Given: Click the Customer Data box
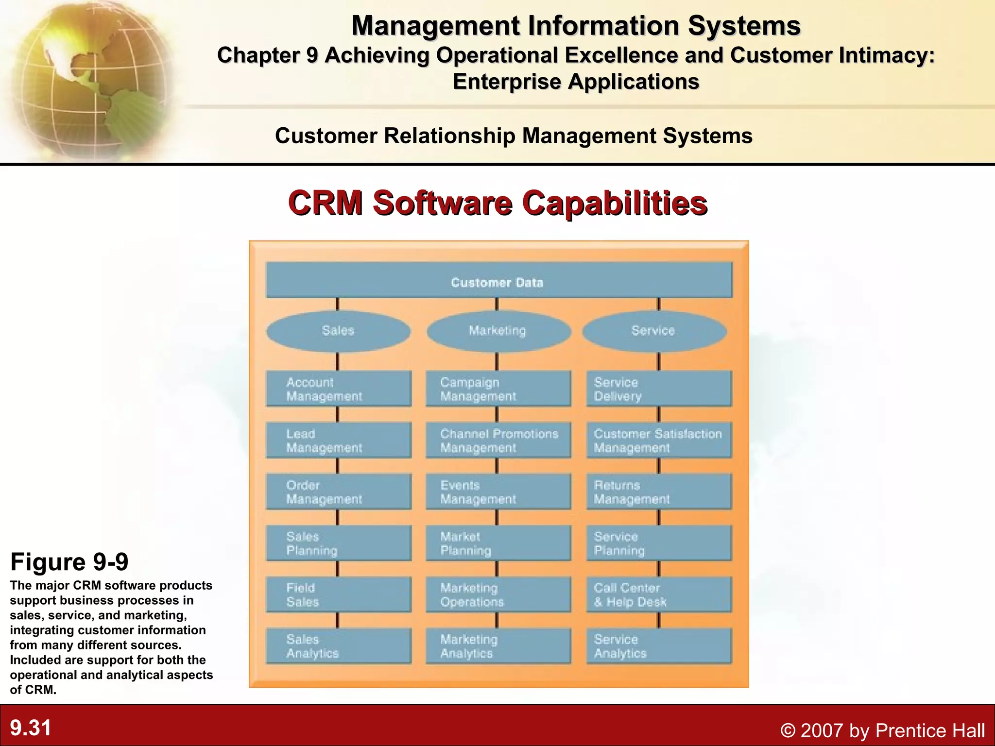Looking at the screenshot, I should [x=498, y=280].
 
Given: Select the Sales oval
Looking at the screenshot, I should [x=338, y=331].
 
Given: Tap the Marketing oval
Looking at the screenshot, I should [x=498, y=331].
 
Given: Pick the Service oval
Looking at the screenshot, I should [x=654, y=331].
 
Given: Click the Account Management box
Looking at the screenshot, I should [x=338, y=389].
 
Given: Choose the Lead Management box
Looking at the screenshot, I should [x=338, y=441].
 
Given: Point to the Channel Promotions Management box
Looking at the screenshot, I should [x=498, y=441].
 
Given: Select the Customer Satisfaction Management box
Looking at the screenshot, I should [x=658, y=441].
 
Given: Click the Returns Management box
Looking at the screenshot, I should [x=658, y=492].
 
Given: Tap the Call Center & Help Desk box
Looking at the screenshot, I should [x=658, y=595].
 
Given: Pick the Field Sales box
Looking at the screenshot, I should [x=338, y=595].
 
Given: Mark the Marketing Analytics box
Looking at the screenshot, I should [x=498, y=646].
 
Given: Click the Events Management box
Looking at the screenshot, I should [x=498, y=492].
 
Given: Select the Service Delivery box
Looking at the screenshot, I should [x=658, y=389].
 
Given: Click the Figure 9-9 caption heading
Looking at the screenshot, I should [x=69, y=562].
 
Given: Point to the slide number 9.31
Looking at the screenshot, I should [x=31, y=728].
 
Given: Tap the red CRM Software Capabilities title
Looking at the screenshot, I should [x=497, y=203].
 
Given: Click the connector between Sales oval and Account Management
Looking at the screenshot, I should [x=338, y=362].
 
